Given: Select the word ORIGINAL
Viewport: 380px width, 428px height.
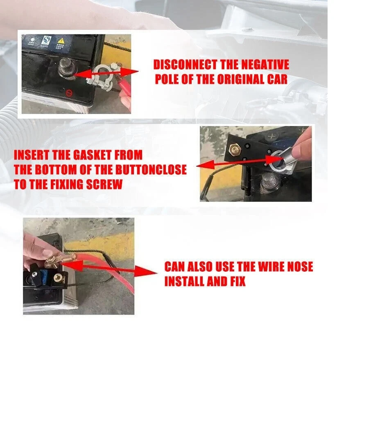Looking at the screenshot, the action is (241, 79).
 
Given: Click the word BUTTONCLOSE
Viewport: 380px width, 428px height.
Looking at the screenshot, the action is (151, 169).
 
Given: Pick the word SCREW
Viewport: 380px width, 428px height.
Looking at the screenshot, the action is (104, 184).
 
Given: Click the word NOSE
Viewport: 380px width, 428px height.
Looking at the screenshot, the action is (300, 266).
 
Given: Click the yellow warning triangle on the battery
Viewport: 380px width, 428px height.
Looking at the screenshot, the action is (61, 41).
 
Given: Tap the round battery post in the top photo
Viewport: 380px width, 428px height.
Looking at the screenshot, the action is (66, 68).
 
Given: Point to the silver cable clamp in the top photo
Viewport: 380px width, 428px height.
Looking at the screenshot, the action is (102, 77).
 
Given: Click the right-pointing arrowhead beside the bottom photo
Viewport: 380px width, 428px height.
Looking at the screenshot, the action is (147, 272).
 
